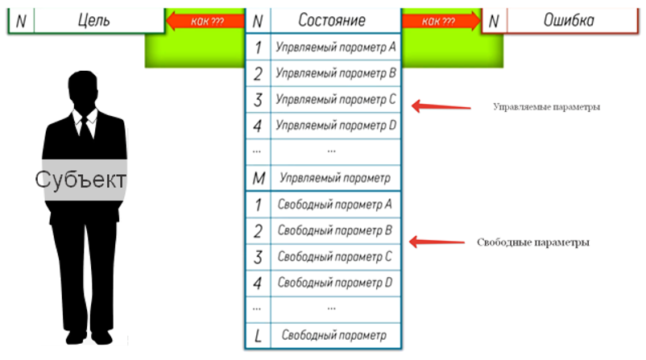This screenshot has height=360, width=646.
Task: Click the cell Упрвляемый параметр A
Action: tap(335, 47)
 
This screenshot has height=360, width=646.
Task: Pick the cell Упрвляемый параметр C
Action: tap(335, 99)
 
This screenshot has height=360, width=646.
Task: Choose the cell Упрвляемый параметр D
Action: tap(335, 125)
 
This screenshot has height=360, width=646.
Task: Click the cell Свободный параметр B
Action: tap(335, 230)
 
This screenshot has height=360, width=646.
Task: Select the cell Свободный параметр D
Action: tap(335, 283)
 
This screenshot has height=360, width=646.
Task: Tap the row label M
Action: tap(258, 178)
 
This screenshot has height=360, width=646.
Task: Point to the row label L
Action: tap(258, 336)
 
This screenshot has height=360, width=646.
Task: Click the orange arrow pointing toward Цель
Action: tap(205, 21)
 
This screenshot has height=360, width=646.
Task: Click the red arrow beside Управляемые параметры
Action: tap(441, 106)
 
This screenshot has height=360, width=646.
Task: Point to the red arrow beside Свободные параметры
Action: tap(437, 242)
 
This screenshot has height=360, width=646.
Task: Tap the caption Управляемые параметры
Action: tap(546, 106)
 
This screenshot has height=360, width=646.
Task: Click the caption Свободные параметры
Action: tap(533, 242)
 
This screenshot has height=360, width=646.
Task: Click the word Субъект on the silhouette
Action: tap(81, 180)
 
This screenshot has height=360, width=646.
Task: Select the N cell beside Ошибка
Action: tap(494, 21)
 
